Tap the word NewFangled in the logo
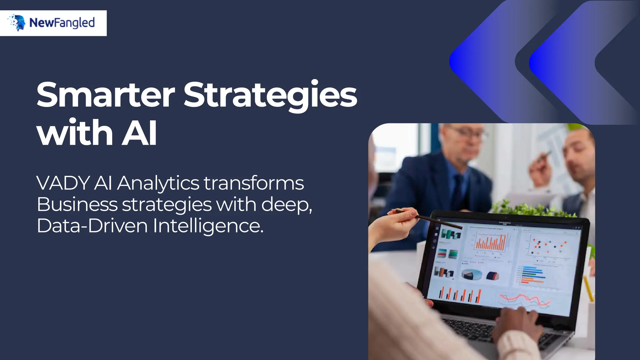tap(62, 23)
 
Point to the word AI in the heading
tap(139, 133)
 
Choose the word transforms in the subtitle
tap(254, 183)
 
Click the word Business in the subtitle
tap(77, 205)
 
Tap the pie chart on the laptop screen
tap(472, 274)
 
